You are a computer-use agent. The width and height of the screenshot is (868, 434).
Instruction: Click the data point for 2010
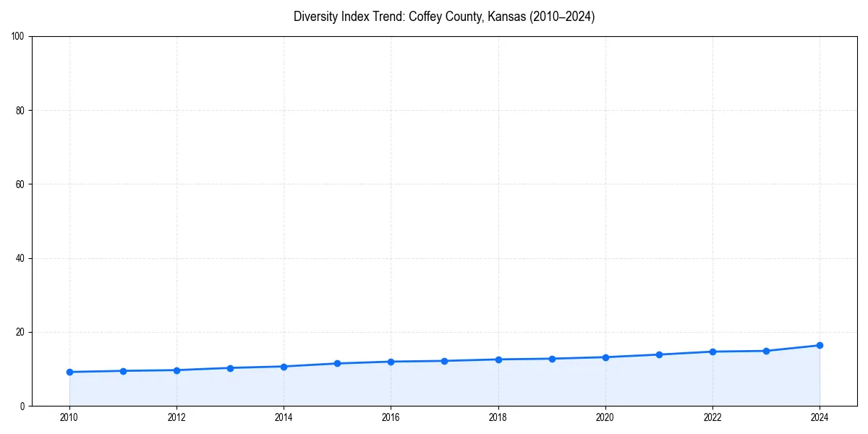pyautogui.click(x=69, y=372)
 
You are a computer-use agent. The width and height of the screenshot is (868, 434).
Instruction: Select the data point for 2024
pyautogui.click(x=820, y=345)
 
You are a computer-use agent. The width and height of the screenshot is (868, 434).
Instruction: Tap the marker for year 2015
pyautogui.click(x=337, y=363)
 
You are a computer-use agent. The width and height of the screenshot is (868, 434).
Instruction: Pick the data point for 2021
pyautogui.click(x=659, y=354)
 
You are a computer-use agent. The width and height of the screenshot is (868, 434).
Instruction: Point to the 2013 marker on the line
pyautogui.click(x=230, y=368)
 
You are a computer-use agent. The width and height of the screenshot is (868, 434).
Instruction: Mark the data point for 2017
pyautogui.click(x=444, y=361)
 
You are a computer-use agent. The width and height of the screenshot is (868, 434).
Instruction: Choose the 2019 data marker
pyautogui.click(x=552, y=359)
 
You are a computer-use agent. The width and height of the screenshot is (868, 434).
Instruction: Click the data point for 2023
pyautogui.click(x=766, y=351)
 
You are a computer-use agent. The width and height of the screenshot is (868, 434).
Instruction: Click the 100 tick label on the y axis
pyautogui.click(x=18, y=36)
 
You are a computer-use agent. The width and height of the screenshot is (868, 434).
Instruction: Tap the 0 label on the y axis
pyautogui.click(x=22, y=406)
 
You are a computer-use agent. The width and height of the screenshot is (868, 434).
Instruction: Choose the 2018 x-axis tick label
pyautogui.click(x=498, y=417)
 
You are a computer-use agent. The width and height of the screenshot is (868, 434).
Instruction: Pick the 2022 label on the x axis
pyautogui.click(x=712, y=417)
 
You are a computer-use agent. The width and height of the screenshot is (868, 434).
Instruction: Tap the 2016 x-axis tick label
pyautogui.click(x=391, y=417)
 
